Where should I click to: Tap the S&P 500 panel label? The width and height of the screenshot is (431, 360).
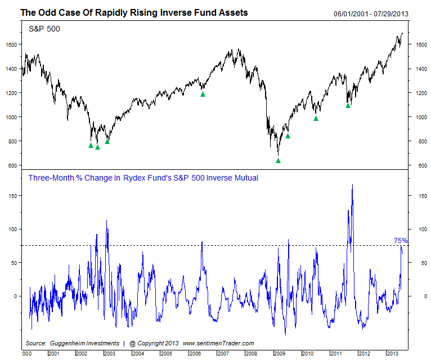pyautogui.click(x=44, y=28)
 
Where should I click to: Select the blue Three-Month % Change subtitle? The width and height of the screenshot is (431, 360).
pyautogui.click(x=143, y=178)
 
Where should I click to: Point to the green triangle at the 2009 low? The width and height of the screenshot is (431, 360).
pyautogui.click(x=278, y=160)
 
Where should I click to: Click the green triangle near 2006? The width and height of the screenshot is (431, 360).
pyautogui.click(x=203, y=94)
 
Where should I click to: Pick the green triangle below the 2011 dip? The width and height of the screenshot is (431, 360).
pyautogui.click(x=348, y=105)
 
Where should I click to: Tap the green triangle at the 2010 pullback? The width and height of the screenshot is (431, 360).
pyautogui.click(x=316, y=118)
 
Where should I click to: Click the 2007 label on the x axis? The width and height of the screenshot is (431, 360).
pyautogui.click(x=223, y=353)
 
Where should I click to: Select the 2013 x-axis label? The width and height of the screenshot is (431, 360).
pyautogui.click(x=392, y=353)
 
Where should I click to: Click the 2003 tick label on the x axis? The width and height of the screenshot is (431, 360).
pyautogui.click(x=109, y=353)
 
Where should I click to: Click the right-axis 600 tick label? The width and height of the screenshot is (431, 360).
pyautogui.click(x=420, y=166)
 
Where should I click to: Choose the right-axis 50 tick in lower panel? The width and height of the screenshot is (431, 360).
pyautogui.click(x=418, y=263)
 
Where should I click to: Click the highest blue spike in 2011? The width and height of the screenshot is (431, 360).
pyautogui.click(x=352, y=184)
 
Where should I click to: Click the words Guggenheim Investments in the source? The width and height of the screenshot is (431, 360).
pyautogui.click(x=84, y=343)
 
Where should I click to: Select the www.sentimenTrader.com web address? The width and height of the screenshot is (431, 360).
pyautogui.click(x=218, y=343)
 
